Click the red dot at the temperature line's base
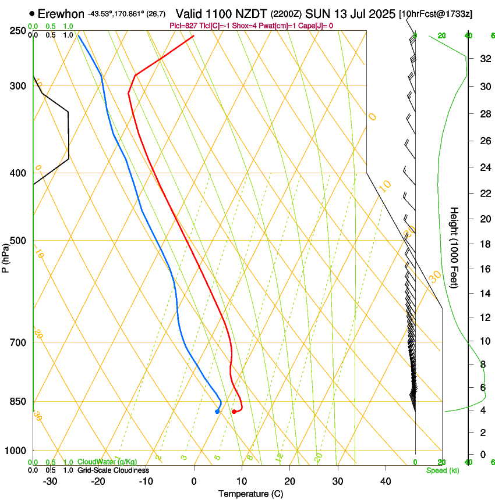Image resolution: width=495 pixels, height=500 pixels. (234, 412)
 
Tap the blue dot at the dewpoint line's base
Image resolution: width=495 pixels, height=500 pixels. (217, 412)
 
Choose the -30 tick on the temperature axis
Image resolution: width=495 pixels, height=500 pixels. (50, 481)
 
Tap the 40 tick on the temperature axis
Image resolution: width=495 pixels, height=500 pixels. (385, 481)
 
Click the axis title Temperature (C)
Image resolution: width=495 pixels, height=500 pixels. (250, 494)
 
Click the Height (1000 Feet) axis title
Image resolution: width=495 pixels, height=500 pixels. (454, 247)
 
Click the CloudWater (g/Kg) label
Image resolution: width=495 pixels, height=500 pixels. (108, 462)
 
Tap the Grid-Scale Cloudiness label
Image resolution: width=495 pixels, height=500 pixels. (113, 470)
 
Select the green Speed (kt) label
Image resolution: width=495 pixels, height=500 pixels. (442, 470)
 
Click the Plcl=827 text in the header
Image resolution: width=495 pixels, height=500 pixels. (182, 26)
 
